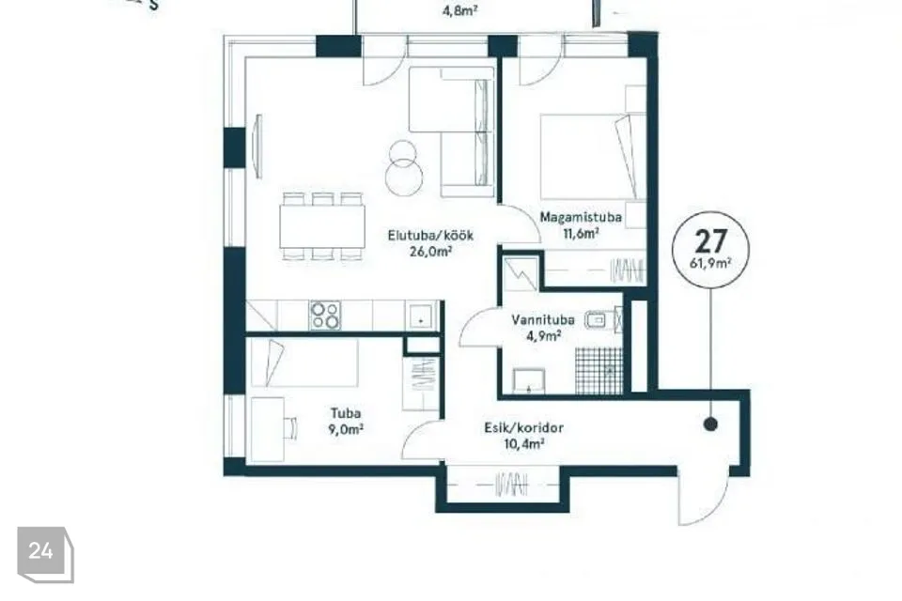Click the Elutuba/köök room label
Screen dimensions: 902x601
point(430,235)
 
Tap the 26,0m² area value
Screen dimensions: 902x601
point(429,251)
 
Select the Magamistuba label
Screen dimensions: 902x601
point(581,218)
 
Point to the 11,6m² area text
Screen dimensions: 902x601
point(581,232)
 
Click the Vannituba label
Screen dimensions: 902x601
point(542,320)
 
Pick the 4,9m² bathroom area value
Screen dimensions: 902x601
point(544,336)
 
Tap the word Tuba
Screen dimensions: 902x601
point(346,413)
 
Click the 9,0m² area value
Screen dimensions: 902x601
point(346,429)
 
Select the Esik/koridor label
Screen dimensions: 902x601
point(523,428)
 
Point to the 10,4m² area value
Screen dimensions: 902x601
point(523,443)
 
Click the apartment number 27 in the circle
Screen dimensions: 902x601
point(711,241)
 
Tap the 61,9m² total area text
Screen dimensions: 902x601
point(711,263)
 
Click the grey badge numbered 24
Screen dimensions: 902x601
point(45,554)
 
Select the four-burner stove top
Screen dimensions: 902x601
point(325,316)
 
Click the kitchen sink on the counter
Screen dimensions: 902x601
point(421,316)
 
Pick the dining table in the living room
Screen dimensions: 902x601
point(322,226)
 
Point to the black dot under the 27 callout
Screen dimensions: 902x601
point(711,424)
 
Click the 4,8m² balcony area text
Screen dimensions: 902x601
point(460,10)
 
